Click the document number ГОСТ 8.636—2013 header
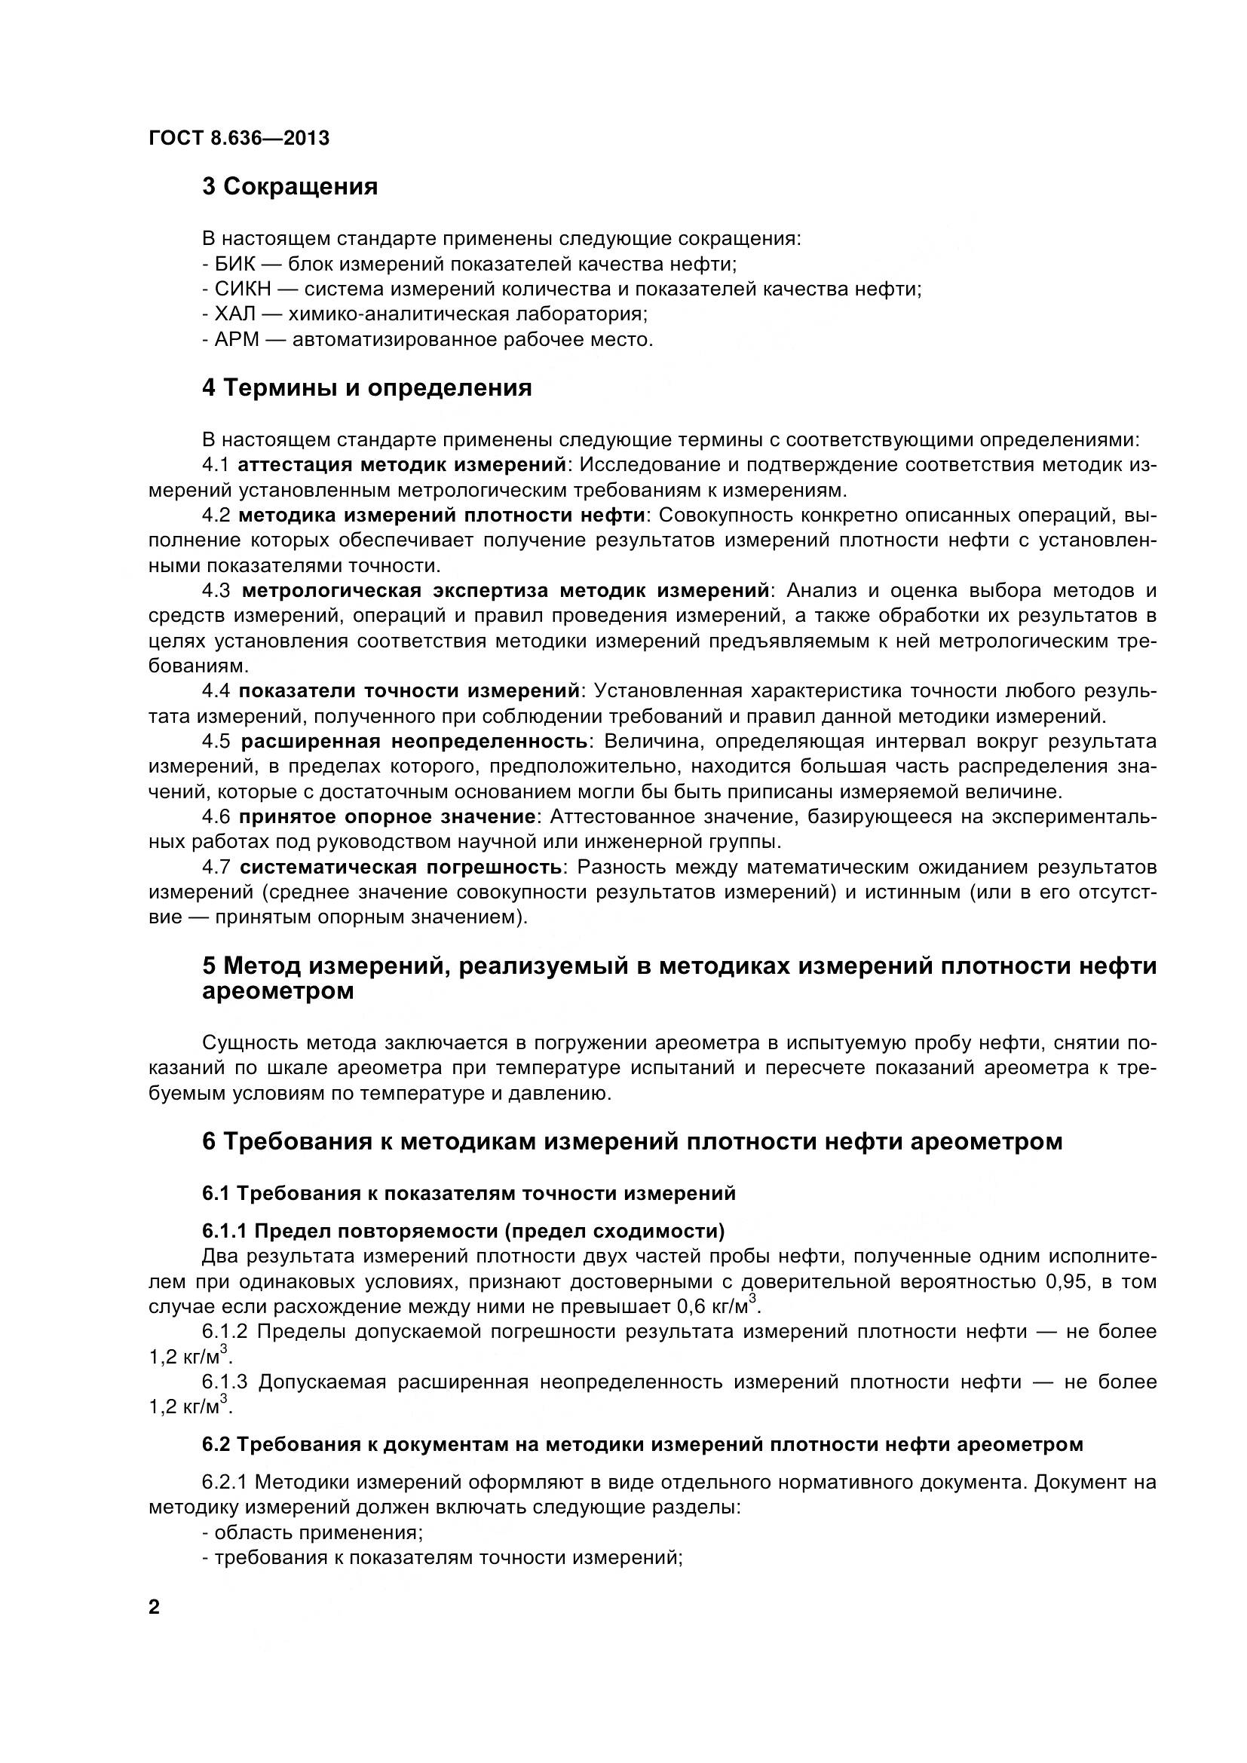point(239,138)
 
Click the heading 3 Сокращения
point(290,187)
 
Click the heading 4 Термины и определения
point(366,387)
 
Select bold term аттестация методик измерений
point(402,465)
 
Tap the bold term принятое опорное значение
point(387,816)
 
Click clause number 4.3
point(216,590)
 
